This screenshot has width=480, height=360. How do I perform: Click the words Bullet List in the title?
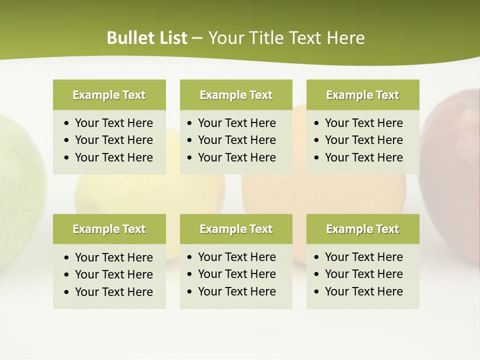(x=147, y=38)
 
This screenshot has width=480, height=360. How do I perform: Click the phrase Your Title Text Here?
(x=286, y=38)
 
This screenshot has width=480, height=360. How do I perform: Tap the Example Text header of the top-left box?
(x=109, y=95)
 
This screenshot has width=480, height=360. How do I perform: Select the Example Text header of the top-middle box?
(x=236, y=95)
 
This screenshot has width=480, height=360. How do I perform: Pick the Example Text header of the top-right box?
(x=362, y=95)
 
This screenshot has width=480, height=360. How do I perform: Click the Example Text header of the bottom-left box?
(x=109, y=229)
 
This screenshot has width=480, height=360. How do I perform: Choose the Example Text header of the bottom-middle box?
(x=236, y=229)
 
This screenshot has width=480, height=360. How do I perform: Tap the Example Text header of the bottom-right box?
(x=362, y=229)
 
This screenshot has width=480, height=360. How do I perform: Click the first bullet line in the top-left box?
(x=113, y=123)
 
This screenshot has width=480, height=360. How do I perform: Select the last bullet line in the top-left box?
(x=113, y=157)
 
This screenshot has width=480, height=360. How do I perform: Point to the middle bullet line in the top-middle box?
(x=236, y=140)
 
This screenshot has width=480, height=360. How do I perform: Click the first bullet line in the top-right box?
(x=363, y=123)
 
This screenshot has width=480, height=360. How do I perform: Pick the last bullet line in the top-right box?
(x=363, y=157)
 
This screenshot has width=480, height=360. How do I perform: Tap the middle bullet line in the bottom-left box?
(x=113, y=274)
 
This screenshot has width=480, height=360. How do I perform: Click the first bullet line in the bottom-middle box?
(x=236, y=257)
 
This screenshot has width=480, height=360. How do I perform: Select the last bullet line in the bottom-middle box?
(x=236, y=291)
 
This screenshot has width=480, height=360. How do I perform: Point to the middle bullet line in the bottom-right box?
(x=363, y=274)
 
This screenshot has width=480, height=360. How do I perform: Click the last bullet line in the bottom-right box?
(x=363, y=291)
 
